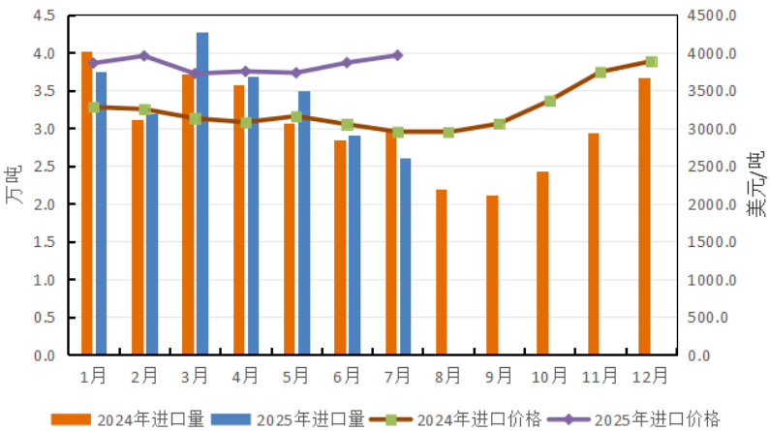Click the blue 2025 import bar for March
pos(202,194)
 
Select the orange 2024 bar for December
pos(644,217)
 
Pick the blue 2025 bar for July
pos(405,257)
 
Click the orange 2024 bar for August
pos(442,272)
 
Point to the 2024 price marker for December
pos(652,62)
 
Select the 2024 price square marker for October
pos(550,101)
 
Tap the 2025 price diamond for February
pos(144,56)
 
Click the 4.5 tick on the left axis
pos(43,16)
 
